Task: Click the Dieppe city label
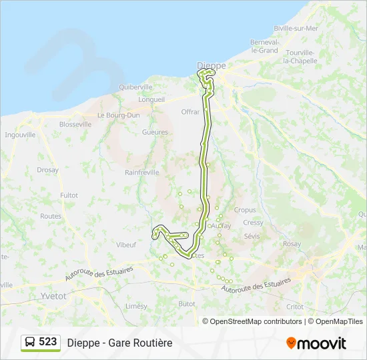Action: click(212, 65)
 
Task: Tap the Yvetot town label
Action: click(53, 295)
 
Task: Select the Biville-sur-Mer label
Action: click(296, 28)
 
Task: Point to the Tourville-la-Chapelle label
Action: click(304, 57)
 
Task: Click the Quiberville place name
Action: click(135, 87)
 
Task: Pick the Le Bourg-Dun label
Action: click(118, 115)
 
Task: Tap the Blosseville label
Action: click(75, 124)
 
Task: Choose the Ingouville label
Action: click(20, 134)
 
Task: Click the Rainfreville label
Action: click(142, 172)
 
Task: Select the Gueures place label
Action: click(155, 132)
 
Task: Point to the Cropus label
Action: click(245, 210)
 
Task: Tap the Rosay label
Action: click(292, 244)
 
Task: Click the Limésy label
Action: click(136, 306)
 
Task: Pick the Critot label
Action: click(294, 307)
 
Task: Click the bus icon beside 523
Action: click(30, 343)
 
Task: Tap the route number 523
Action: click(48, 342)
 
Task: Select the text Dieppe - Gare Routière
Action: click(119, 343)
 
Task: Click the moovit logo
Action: click(316, 343)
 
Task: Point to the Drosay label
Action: click(48, 170)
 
